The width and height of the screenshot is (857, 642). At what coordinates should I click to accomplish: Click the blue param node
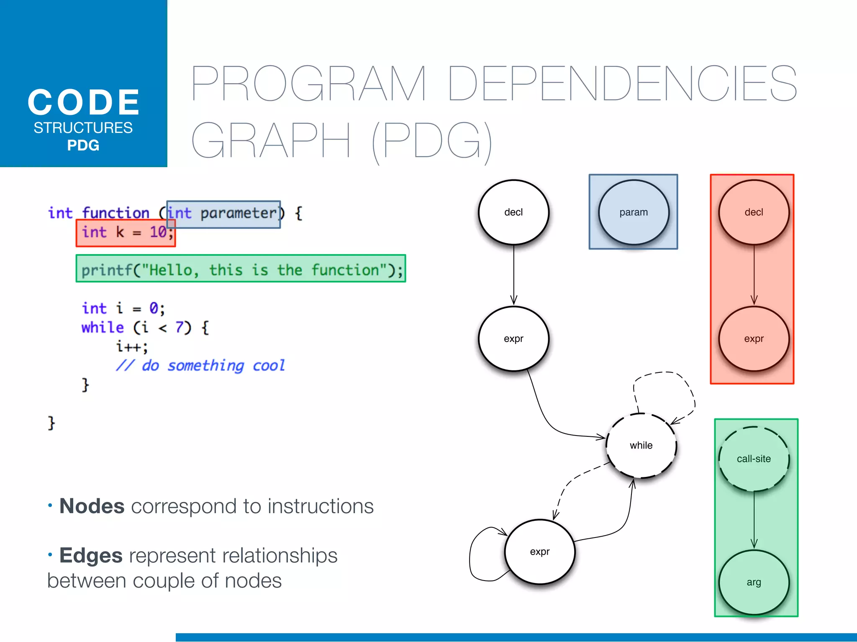tap(634, 212)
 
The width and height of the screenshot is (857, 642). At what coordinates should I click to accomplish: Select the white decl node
tap(513, 212)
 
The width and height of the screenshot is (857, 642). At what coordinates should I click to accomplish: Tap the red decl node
tap(754, 212)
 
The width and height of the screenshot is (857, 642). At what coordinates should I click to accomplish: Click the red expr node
tap(754, 339)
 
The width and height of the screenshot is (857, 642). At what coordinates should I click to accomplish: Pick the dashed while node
tap(641, 446)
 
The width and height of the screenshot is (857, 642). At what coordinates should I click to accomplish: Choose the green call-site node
tap(754, 459)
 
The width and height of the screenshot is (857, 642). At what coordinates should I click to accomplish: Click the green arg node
tap(754, 582)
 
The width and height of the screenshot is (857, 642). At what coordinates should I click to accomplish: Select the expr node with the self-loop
tap(540, 552)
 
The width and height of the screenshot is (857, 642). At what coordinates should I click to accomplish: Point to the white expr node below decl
tap(513, 339)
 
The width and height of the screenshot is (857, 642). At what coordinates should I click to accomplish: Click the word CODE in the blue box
tap(84, 103)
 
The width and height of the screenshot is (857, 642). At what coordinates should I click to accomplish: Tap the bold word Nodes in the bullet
tap(92, 506)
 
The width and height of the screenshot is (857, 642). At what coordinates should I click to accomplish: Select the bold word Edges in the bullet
tap(91, 555)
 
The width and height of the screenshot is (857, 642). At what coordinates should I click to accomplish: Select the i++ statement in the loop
tap(132, 346)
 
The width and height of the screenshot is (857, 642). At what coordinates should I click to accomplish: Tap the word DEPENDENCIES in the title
tap(622, 84)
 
